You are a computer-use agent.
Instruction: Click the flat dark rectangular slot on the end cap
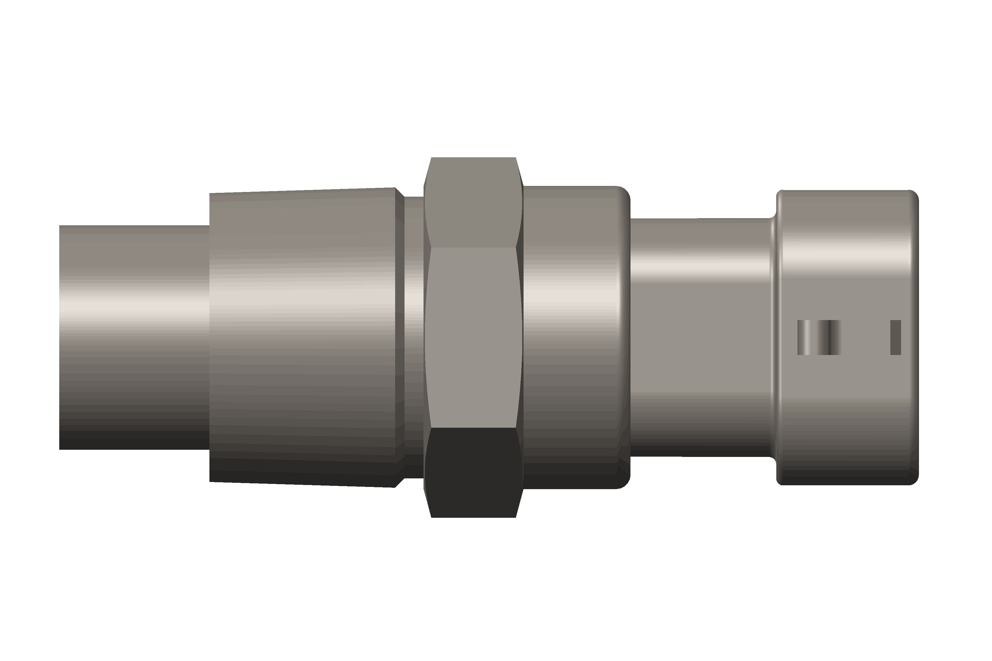pyautogui.click(x=895, y=337)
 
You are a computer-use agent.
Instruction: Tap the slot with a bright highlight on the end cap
pyautogui.click(x=804, y=337)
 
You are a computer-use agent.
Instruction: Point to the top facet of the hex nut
pyautogui.click(x=473, y=202)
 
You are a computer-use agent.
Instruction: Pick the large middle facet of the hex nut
pyautogui.click(x=473, y=337)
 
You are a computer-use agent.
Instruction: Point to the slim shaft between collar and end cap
pyautogui.click(x=700, y=337)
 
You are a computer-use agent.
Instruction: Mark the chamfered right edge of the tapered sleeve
pyautogui.click(x=399, y=337)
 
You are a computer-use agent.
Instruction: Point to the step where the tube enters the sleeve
pyautogui.click(x=210, y=337)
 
